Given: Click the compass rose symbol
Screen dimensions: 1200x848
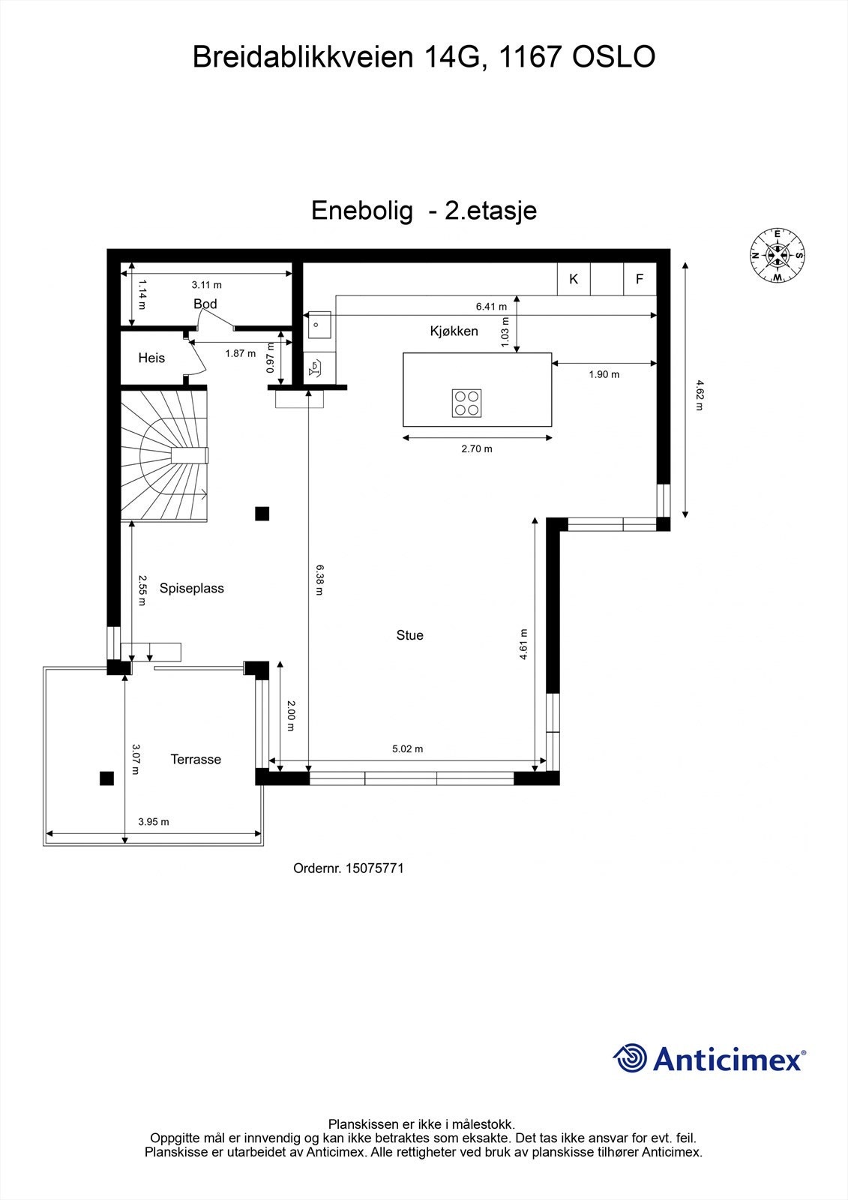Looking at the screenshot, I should [x=778, y=256].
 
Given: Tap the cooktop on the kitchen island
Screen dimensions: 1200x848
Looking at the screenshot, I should [x=467, y=403].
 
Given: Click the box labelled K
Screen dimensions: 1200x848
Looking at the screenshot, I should [x=574, y=279].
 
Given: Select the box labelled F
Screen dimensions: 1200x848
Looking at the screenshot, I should [x=640, y=279].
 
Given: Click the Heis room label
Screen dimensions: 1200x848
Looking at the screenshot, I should [x=151, y=358].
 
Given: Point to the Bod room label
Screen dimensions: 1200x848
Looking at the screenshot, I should [x=205, y=304].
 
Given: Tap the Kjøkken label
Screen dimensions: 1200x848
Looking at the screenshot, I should [x=454, y=331].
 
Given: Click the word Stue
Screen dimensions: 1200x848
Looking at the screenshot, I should [x=410, y=635].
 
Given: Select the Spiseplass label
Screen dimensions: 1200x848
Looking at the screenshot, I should [x=192, y=589].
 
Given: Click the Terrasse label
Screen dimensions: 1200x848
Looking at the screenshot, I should [x=196, y=760].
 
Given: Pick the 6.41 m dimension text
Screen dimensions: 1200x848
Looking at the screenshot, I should [x=491, y=306].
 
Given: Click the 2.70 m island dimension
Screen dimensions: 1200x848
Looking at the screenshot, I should [x=477, y=449].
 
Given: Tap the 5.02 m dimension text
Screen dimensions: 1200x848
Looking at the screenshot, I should [x=408, y=748].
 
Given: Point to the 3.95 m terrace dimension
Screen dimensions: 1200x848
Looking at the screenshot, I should [x=154, y=822].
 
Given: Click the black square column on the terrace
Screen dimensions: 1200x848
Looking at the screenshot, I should [x=106, y=778].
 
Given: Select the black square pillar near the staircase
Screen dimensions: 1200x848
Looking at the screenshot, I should [x=262, y=514].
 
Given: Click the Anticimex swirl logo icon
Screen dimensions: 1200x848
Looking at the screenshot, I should [x=630, y=1058].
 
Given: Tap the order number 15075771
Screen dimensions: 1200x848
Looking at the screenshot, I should [x=374, y=868].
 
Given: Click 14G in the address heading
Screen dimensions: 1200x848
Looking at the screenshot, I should [x=451, y=58].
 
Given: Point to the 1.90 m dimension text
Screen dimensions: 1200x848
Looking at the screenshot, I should [x=604, y=374].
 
